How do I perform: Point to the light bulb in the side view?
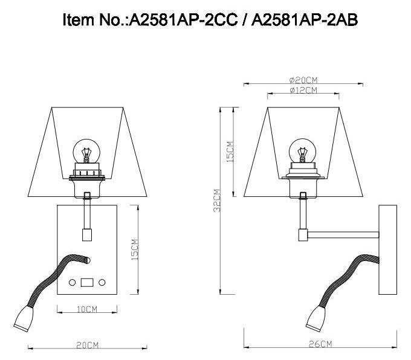point(302,152)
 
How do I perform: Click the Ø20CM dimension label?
point(303,80)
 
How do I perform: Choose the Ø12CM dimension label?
point(303,91)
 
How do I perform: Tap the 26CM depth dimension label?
point(320,344)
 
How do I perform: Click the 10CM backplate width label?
point(87,309)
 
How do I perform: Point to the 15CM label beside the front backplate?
point(135,249)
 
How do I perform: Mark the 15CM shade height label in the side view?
point(230,151)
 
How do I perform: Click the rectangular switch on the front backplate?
point(87,282)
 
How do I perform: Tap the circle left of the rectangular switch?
point(73,282)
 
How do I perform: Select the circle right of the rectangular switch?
point(102,282)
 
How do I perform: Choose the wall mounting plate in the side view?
point(387,249)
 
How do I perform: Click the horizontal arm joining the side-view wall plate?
point(341,233)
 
